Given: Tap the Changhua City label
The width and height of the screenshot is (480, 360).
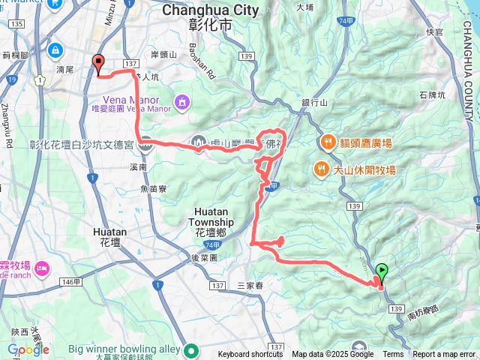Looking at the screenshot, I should point(210,10).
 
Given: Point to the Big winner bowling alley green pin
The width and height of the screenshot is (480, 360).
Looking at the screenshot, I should point(192,349).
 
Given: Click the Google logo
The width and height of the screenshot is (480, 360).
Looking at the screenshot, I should point(28,349).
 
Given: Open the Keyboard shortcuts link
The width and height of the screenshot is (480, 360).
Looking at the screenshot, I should point(250,355).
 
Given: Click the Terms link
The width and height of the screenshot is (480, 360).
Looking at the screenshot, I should point(393,355).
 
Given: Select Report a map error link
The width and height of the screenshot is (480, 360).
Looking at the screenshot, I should point(445,355).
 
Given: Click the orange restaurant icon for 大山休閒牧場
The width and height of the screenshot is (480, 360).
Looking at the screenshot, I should point(321,169).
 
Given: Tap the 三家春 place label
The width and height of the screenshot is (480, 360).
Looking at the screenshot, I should point(251,285).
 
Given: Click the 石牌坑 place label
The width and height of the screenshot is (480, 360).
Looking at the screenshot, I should point(433,95).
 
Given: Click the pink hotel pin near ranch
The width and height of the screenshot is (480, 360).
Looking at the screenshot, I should point(40,267).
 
